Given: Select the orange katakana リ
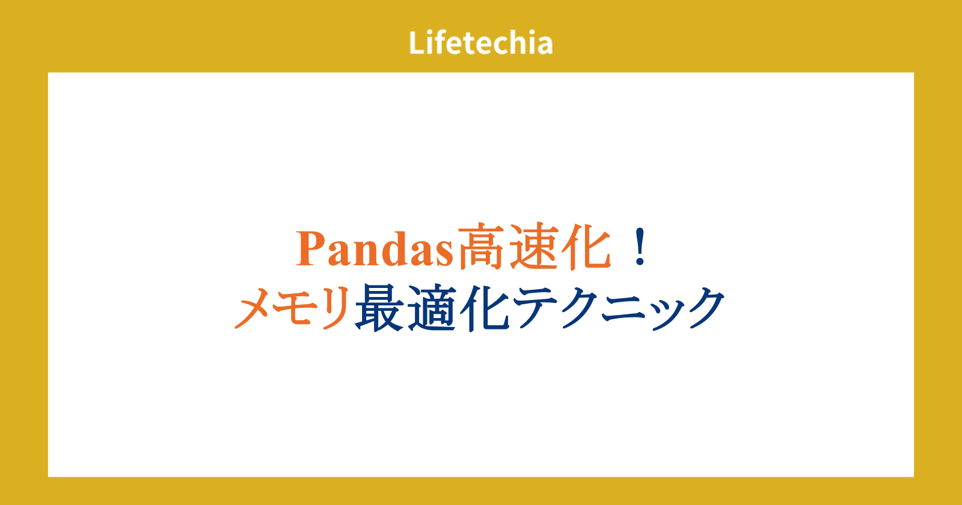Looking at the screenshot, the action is (x=335, y=307).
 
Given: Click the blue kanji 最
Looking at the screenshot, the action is (x=379, y=307).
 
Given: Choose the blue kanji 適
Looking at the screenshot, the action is (x=432, y=307).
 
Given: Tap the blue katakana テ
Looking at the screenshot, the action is (x=536, y=307).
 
